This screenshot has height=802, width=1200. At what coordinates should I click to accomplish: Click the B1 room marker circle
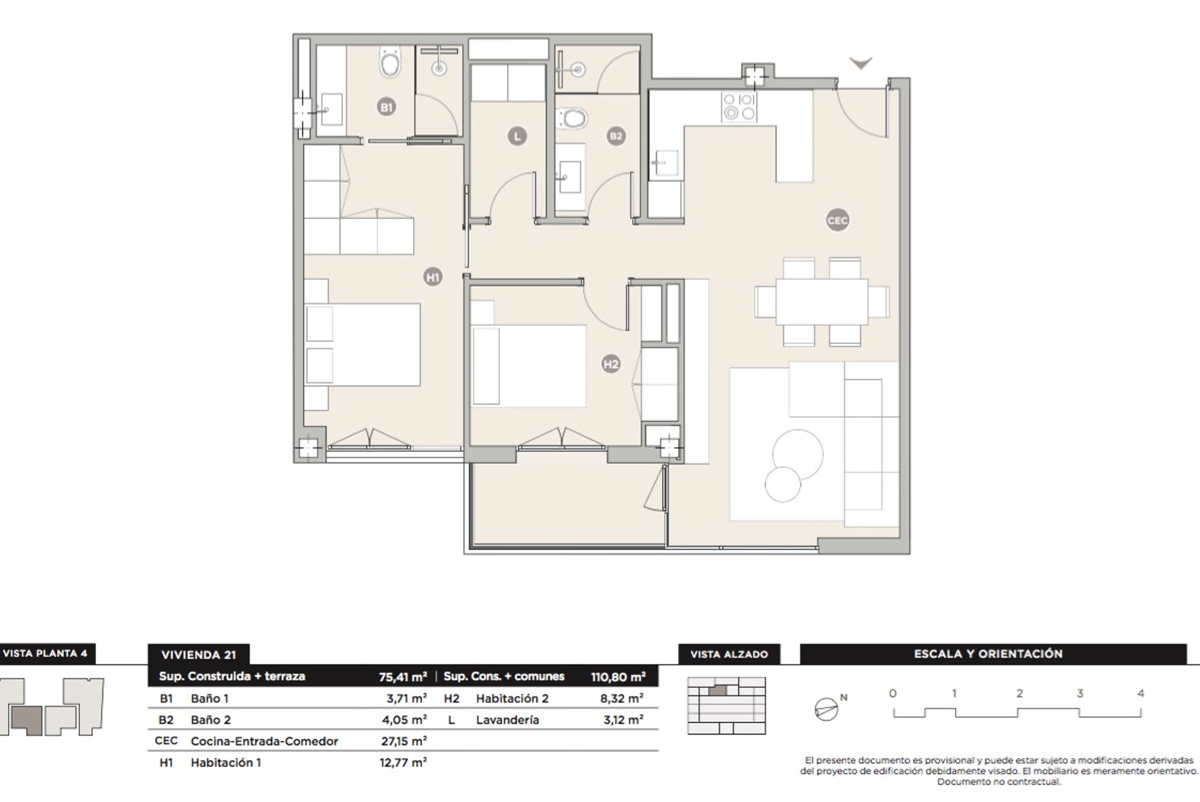386,107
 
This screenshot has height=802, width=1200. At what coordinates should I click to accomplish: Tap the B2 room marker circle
616,136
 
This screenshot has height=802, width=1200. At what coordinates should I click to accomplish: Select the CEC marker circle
837,221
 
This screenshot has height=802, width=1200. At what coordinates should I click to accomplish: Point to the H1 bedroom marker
433,277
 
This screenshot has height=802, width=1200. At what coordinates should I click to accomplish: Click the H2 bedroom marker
611,364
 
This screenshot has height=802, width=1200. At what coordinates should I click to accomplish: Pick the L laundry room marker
517,136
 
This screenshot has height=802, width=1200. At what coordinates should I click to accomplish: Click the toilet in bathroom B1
390,62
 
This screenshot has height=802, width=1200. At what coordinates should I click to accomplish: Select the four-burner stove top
739,107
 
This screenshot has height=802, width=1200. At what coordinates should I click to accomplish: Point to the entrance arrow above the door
861,63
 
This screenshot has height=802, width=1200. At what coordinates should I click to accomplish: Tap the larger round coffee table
797,454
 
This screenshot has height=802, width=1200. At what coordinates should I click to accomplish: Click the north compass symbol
827,709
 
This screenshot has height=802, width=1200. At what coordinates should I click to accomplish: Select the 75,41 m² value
403,677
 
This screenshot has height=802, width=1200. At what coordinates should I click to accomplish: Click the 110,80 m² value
618,677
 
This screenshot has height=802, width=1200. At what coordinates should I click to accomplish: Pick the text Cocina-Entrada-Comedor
264,741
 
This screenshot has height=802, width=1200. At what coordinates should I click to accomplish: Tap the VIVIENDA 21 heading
199,655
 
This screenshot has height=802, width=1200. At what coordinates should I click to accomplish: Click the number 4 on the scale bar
1140,694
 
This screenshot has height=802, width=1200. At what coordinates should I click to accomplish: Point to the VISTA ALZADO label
729,654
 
